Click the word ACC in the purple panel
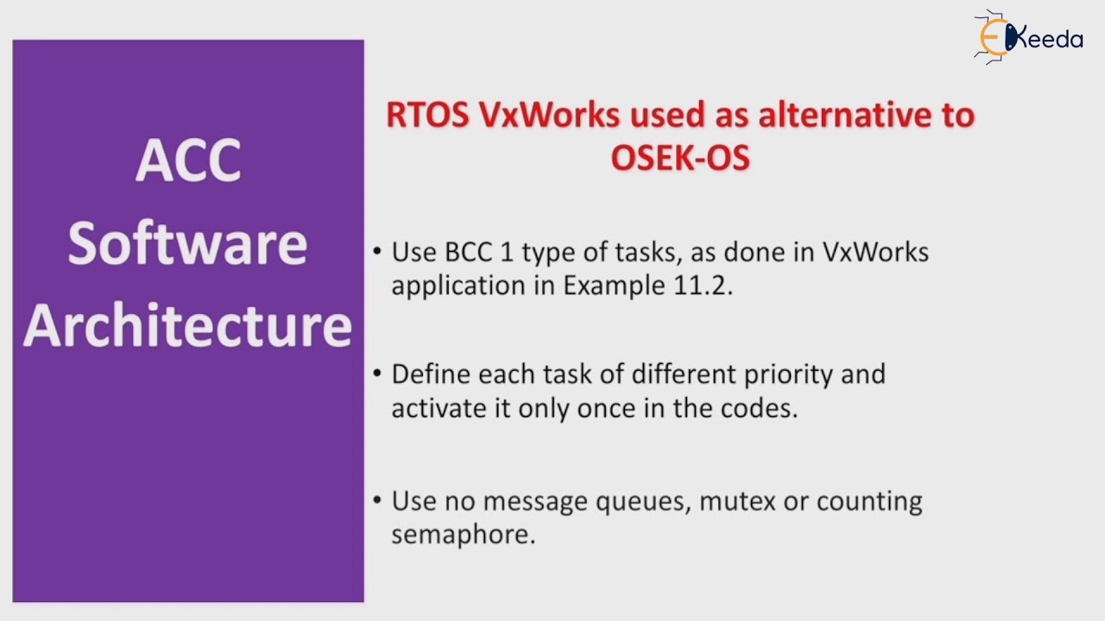coord(188,160)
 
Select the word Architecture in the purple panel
coord(187,326)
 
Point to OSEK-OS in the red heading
coord(680,158)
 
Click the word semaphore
coord(463,535)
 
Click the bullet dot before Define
coord(377,374)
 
